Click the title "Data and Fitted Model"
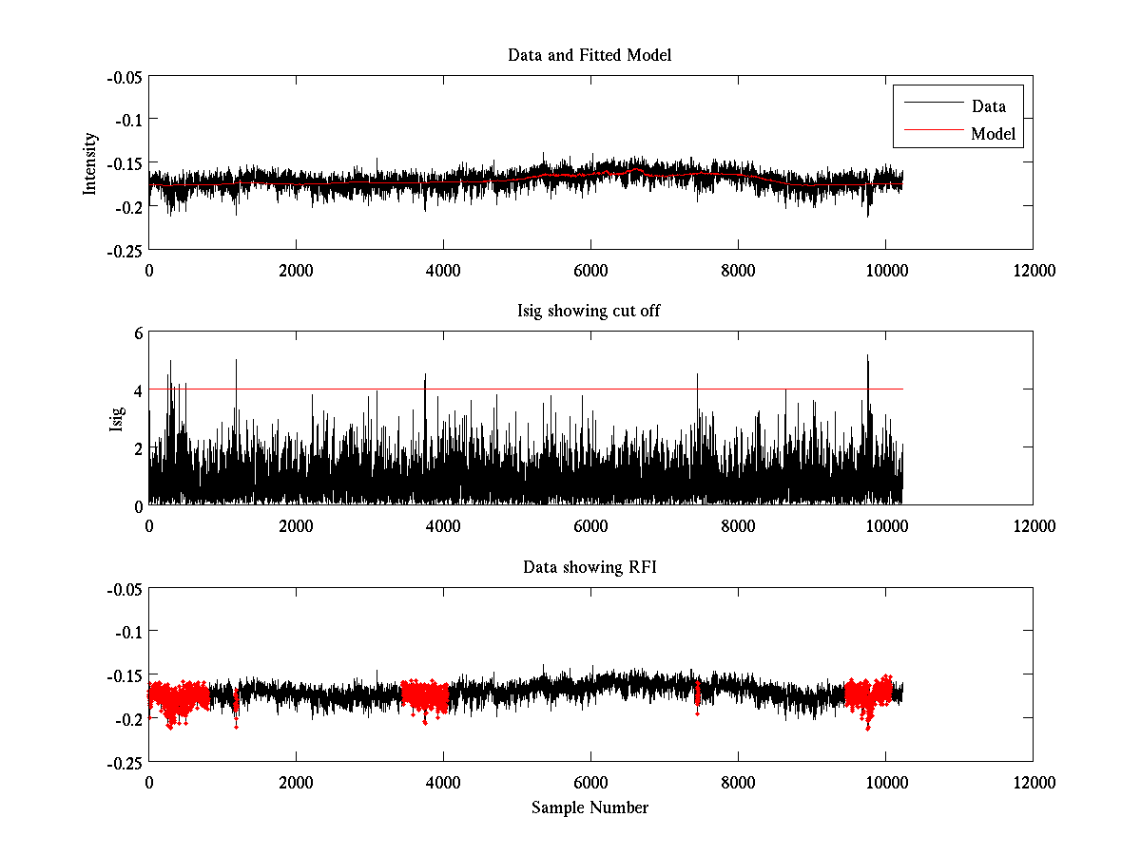590,55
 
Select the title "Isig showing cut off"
590,312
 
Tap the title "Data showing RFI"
590,568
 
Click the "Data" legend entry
988,106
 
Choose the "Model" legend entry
993,134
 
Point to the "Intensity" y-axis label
90,162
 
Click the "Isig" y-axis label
117,419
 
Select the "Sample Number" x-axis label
590,807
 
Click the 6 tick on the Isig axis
138,332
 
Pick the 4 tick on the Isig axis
138,389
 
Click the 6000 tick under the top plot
590,270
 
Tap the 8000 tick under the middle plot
738,526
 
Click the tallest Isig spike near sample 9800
867,359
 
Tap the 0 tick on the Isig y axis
138,504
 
